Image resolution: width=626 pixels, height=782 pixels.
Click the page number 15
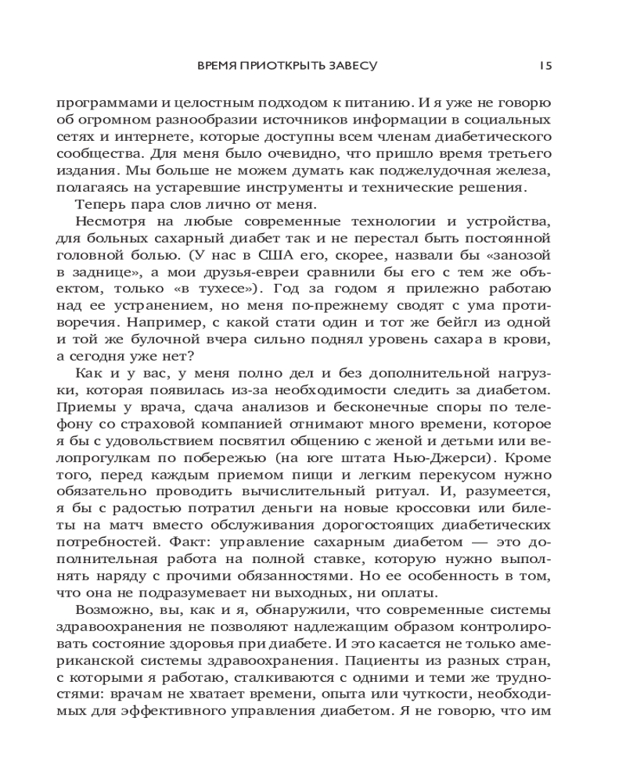tap(545, 66)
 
